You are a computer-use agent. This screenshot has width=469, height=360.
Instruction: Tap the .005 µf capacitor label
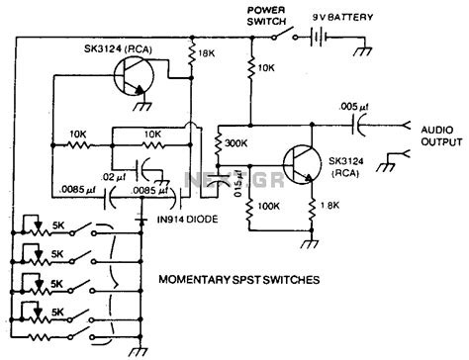coord(354,105)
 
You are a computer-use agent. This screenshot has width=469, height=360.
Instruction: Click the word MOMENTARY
coord(198,280)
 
